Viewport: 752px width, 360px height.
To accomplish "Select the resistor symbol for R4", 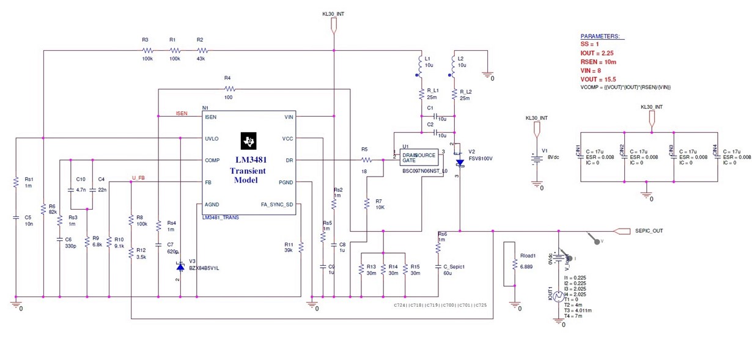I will coord(228,89).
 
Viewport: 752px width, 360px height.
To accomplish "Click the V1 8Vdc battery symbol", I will coord(536,158).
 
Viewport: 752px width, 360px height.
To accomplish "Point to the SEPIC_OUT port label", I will coord(649,230).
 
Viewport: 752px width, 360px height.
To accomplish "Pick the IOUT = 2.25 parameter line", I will coord(600,53).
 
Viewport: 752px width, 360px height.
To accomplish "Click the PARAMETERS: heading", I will coord(599,36).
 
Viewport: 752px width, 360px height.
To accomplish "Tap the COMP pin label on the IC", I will coord(212,160).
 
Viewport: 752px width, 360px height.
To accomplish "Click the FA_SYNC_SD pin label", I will coord(278,205).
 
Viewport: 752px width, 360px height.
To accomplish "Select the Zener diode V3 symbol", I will coord(180,266).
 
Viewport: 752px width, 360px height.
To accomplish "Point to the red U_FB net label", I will coord(139,178).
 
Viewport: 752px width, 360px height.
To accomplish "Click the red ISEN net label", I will coord(182,113).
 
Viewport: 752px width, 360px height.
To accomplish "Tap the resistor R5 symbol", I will coord(365,160).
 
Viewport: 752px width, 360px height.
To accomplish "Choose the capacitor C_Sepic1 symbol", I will coord(438,266).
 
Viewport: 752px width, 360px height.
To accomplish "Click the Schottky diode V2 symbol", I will coord(459,163).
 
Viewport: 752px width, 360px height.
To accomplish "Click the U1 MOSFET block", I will coord(419,158).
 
